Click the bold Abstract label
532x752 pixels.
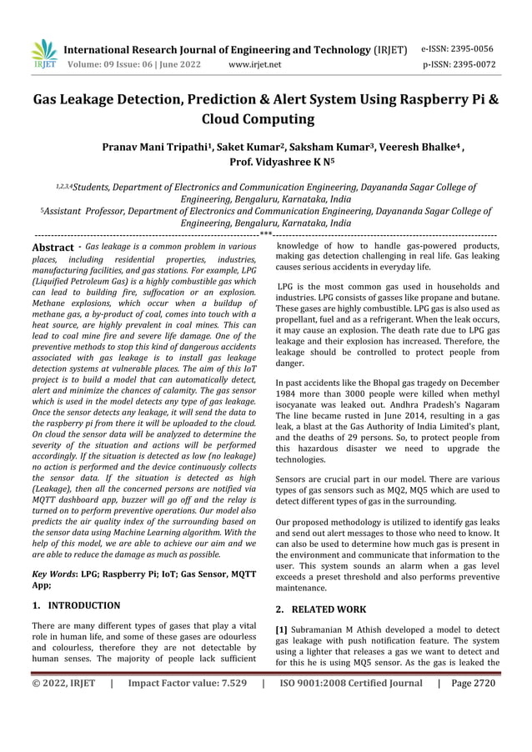coord(52,248)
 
